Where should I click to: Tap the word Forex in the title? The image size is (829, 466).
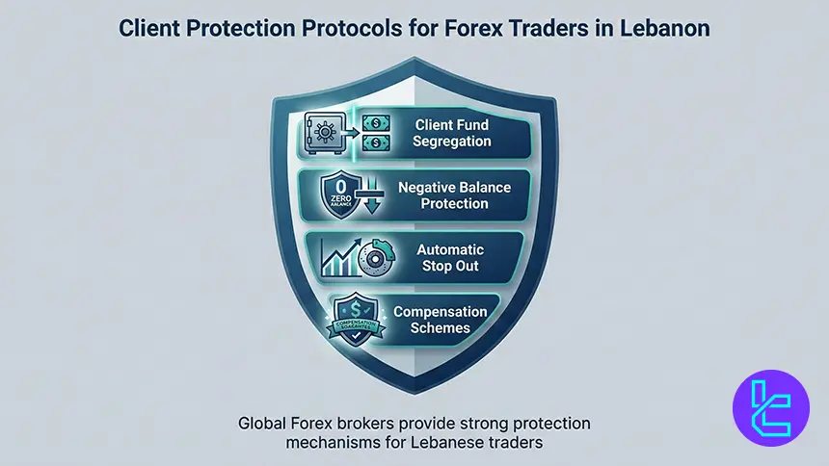click(x=493, y=28)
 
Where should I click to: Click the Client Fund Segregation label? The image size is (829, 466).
click(x=451, y=133)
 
